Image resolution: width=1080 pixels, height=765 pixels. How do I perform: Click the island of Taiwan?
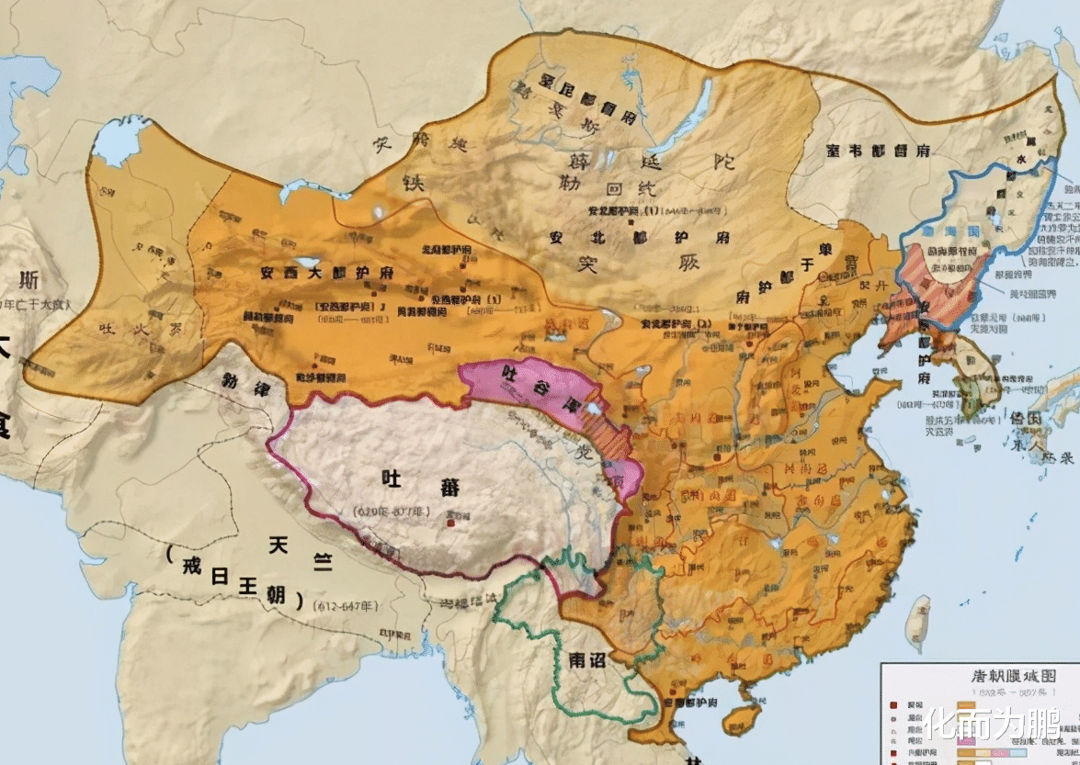917,623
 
